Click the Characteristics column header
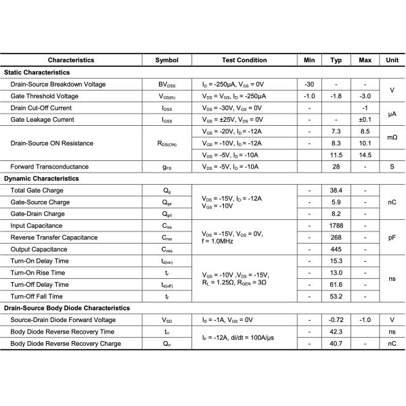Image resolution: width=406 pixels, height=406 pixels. (x=71, y=60)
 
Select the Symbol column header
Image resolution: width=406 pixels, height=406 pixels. (x=166, y=60)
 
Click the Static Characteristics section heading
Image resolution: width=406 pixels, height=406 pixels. (x=37, y=72)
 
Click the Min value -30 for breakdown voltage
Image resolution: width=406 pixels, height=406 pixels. (x=309, y=84)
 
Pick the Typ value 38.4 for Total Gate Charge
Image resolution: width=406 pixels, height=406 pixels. (x=336, y=191)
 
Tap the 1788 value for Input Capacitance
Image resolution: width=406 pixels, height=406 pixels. (x=336, y=226)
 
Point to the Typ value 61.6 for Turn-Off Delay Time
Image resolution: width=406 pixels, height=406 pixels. (x=336, y=285)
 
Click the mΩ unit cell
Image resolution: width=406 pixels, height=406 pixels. (x=392, y=137)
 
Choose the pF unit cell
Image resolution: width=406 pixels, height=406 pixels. (x=392, y=238)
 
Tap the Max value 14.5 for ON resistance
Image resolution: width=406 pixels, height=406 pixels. (x=365, y=155)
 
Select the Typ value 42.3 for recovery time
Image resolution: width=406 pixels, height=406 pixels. (x=336, y=332)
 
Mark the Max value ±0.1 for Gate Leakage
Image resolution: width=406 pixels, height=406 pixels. (x=365, y=119)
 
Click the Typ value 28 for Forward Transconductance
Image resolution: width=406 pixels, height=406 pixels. (x=336, y=166)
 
